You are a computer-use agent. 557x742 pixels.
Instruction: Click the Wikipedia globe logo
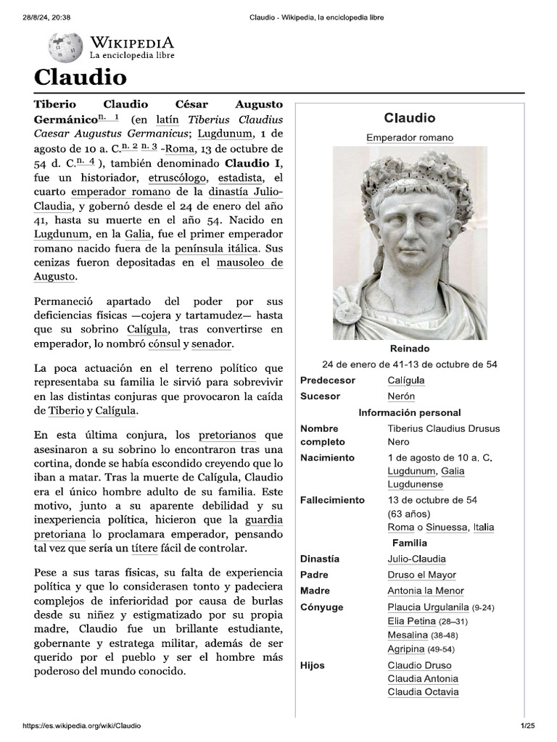point(66,47)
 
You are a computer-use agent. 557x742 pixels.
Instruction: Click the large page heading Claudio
point(81,78)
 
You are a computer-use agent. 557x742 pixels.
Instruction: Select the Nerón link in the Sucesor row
point(401,396)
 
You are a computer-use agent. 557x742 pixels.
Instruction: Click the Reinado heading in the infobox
point(410,349)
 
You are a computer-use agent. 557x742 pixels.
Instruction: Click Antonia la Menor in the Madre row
point(426,591)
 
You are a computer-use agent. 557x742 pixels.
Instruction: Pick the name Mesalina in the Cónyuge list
point(408,635)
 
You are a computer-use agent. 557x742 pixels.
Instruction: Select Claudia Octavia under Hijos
point(423,692)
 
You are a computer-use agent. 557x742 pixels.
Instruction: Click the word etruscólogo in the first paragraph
point(178,177)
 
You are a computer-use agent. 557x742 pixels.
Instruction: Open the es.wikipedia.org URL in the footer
point(82,726)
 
